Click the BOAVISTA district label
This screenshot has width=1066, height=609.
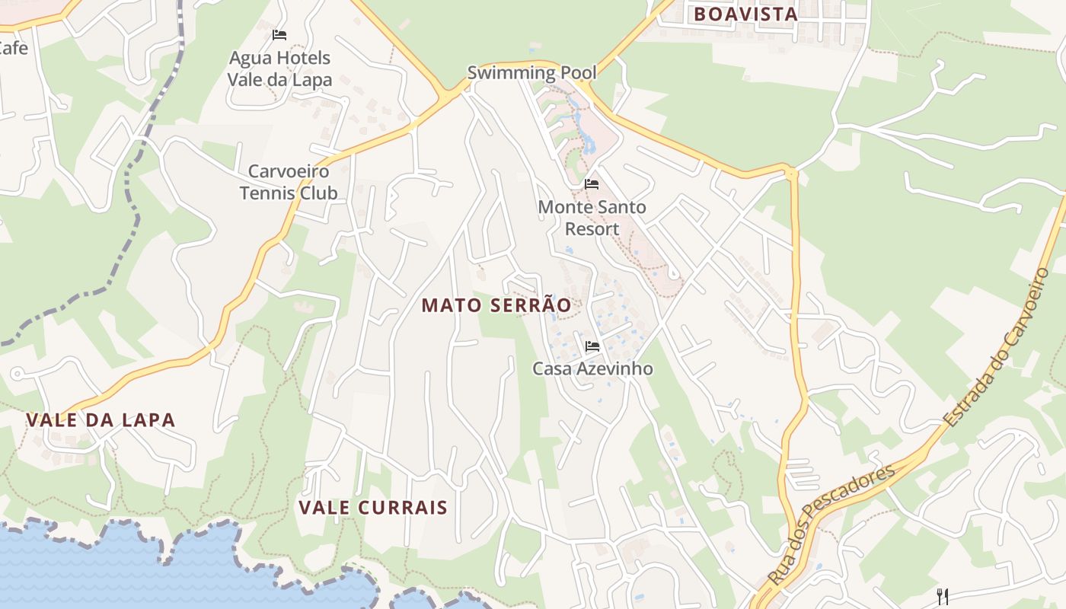click(745, 14)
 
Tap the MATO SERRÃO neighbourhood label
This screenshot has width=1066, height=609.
click(496, 305)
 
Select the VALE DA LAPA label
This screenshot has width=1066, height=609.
click(101, 419)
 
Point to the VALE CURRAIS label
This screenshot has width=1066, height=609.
click(372, 508)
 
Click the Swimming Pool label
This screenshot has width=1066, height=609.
click(531, 73)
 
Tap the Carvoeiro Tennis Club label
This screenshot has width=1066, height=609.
click(289, 182)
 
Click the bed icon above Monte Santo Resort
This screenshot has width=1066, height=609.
click(592, 184)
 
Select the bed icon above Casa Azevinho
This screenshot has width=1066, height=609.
click(592, 346)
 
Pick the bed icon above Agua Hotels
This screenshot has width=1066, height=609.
click(279, 35)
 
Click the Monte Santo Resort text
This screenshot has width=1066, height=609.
click(592, 218)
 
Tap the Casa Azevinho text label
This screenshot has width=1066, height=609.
click(592, 368)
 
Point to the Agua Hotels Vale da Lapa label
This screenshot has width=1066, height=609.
click(280, 69)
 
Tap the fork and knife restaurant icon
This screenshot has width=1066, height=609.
click(942, 595)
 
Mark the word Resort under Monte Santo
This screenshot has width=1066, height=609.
click(592, 228)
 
